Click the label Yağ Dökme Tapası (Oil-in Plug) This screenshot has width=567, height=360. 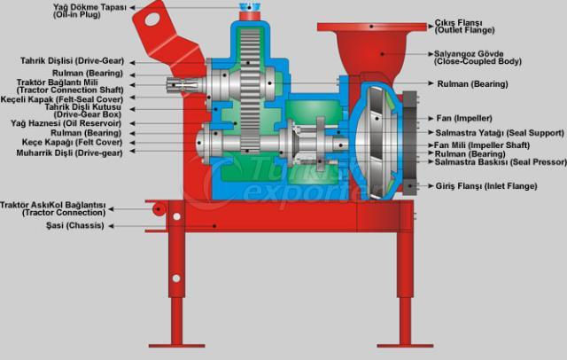[x=89, y=11]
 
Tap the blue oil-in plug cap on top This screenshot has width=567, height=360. [x=249, y=7]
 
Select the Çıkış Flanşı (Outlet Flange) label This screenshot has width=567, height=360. [x=464, y=27]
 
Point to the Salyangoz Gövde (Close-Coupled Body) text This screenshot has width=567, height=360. [x=478, y=58]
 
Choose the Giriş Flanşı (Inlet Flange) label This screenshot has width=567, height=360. [x=486, y=186]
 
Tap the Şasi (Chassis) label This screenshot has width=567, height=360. [x=74, y=225]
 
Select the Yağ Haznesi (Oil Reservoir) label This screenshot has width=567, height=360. [x=66, y=123]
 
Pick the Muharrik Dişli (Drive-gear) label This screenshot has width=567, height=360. [x=69, y=153]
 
